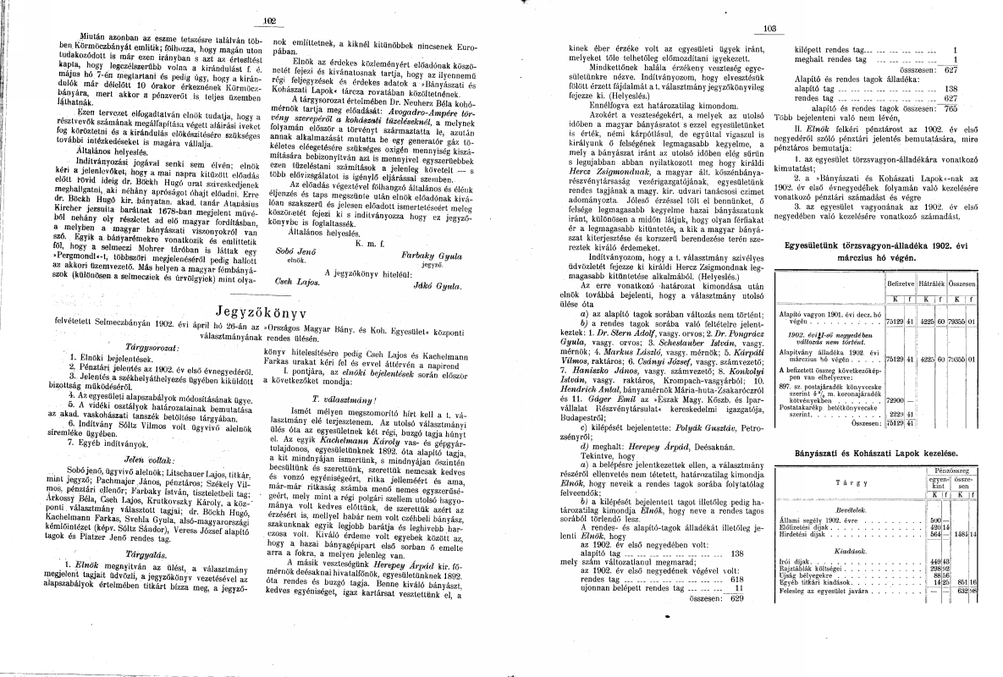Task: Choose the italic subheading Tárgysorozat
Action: pos(128,346)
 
